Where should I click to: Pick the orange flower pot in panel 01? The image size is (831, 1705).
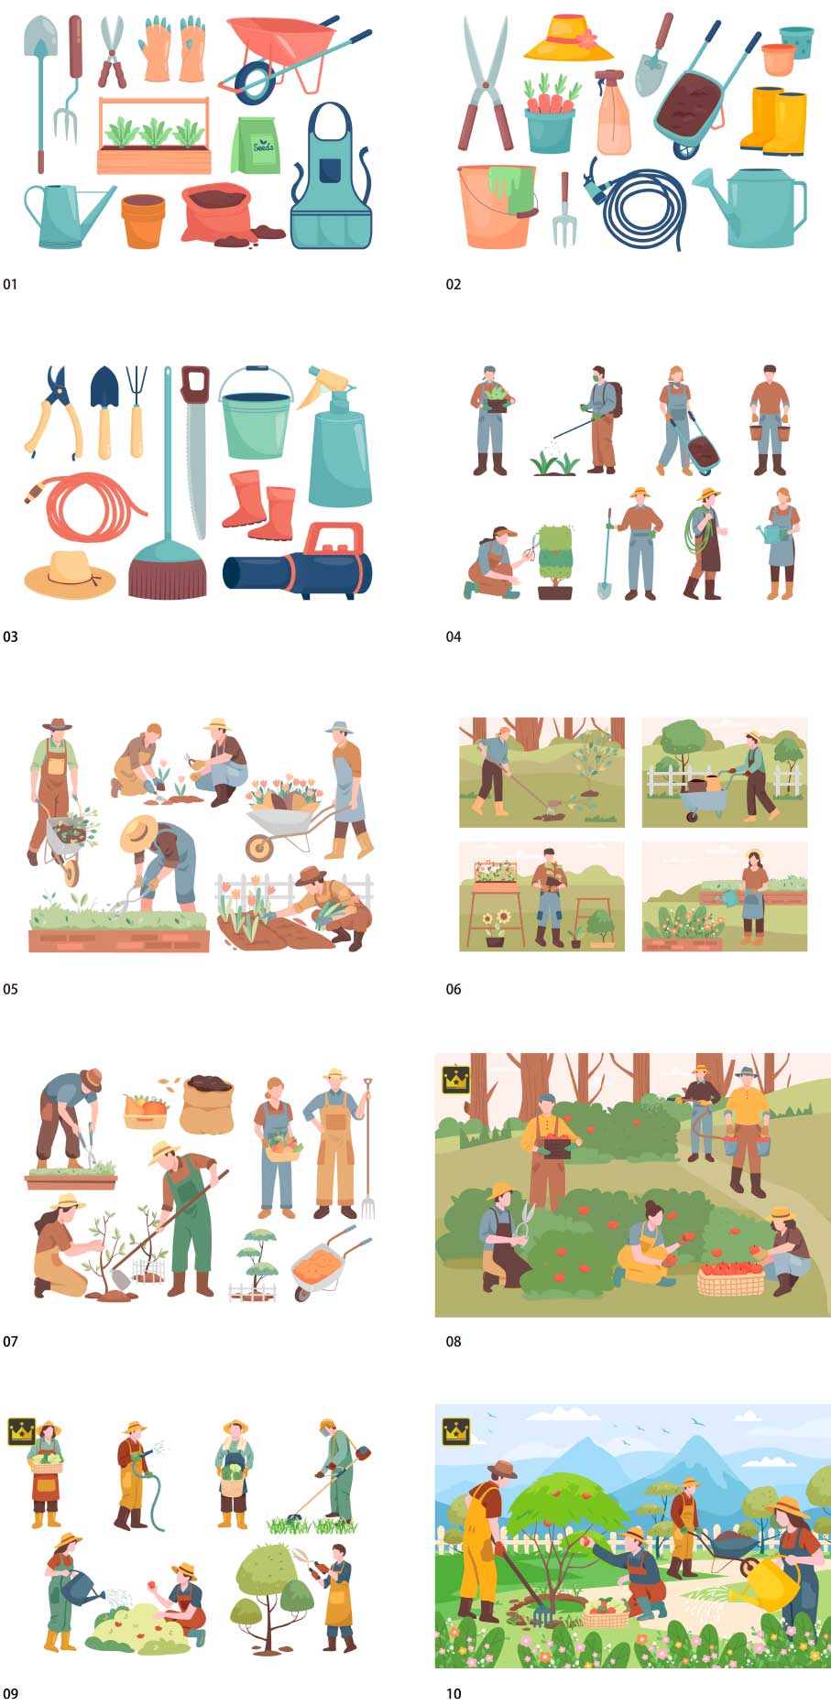(143, 221)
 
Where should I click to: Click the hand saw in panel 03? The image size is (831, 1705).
(195, 449)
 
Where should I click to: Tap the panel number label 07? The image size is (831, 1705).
(10, 1341)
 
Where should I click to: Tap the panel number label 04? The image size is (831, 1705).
(454, 636)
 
